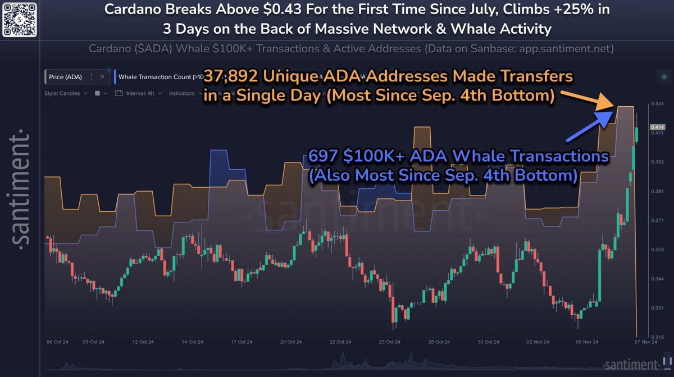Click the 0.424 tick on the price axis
pos(655,104)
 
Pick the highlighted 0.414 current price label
pos(655,127)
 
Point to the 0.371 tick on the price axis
pos(655,221)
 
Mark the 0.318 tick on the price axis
pos(655,337)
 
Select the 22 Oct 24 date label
pos(340,342)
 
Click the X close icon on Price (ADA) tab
pos(102,76)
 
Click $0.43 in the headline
pos(288,11)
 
